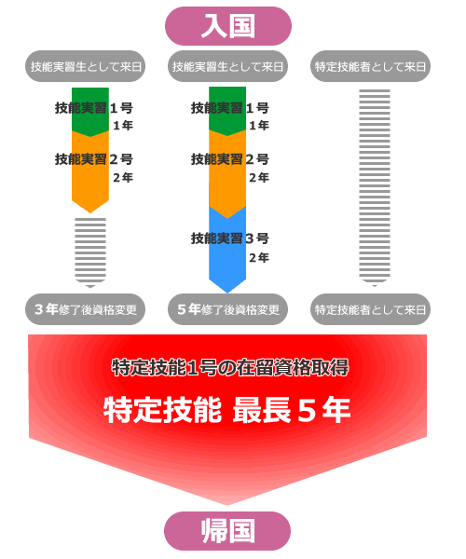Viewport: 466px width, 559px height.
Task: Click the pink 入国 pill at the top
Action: (x=227, y=25)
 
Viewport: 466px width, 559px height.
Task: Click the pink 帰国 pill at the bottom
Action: (x=227, y=531)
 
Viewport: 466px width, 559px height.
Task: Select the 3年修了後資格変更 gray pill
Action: (x=85, y=308)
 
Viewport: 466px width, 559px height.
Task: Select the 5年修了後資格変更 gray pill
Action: (x=227, y=308)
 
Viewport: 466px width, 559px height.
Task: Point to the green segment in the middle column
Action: (x=227, y=109)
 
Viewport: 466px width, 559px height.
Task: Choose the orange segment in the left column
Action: (x=90, y=172)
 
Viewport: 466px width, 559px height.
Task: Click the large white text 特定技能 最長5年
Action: (x=227, y=409)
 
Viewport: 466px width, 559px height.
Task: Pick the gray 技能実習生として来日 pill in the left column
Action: (x=85, y=66)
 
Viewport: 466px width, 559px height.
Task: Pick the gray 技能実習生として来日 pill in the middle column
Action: (x=227, y=66)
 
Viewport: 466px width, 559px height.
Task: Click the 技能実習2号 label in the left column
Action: (x=93, y=159)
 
